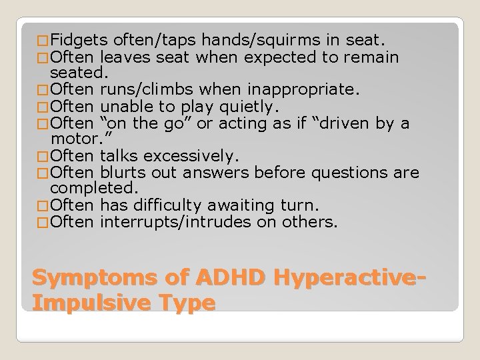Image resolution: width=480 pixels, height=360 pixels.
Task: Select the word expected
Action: [x=280, y=57]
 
